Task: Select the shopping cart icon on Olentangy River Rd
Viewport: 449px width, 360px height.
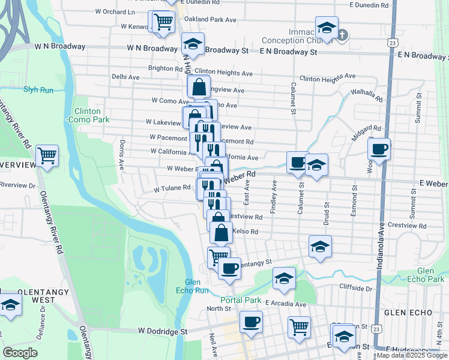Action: click(47, 155)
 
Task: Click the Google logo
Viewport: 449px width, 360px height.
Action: click(20, 353)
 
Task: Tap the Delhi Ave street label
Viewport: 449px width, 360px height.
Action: click(125, 77)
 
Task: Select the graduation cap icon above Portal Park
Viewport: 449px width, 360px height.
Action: click(284, 277)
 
